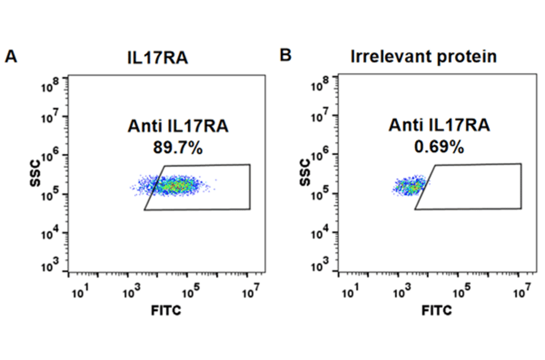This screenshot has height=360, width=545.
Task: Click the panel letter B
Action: tap(285, 56)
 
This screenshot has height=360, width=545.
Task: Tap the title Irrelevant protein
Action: tap(424, 57)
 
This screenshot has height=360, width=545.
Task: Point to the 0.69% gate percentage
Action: tap(439, 148)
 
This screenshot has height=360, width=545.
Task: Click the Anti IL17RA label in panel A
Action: tap(178, 126)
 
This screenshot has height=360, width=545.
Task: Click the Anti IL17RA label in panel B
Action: tap(439, 126)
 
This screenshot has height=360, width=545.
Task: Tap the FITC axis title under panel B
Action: tap(437, 311)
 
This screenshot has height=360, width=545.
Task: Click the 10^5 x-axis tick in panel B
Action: tap(462, 293)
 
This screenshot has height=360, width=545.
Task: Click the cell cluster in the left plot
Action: tap(176, 185)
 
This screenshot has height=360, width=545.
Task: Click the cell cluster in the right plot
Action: tap(409, 186)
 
